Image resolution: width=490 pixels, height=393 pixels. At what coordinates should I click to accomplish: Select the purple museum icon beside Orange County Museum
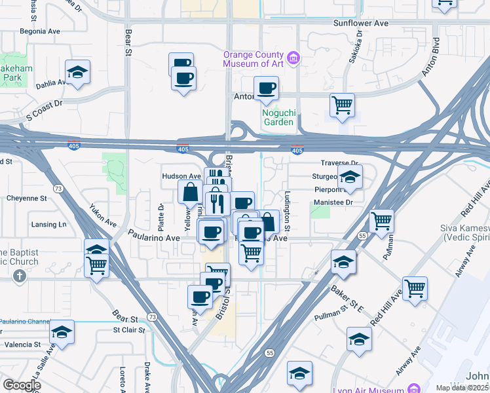coord(294,59)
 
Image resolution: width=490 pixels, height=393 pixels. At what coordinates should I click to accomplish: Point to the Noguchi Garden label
coord(279,117)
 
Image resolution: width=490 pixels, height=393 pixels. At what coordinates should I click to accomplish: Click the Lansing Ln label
coord(48,225)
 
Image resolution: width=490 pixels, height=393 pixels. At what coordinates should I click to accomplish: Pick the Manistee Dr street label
coord(333,202)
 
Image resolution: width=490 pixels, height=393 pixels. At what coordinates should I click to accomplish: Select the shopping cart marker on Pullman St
coord(381,221)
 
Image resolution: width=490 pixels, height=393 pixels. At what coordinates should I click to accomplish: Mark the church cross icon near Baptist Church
coord(20,275)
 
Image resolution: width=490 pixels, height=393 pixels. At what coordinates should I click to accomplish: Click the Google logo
coord(22,384)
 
